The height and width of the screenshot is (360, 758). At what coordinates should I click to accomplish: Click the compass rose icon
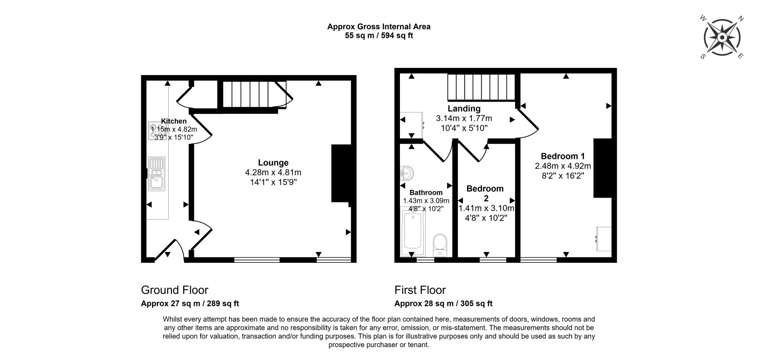click(722, 37)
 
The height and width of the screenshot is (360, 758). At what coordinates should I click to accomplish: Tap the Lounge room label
click(273, 163)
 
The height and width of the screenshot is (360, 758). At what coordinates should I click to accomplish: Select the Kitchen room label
click(174, 121)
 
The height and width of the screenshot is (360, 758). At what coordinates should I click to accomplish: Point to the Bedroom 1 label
click(563, 156)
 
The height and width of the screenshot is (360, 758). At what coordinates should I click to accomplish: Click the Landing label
click(464, 109)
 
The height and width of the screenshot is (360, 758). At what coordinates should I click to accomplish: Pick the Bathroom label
click(426, 193)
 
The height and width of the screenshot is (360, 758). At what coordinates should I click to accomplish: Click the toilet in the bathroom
click(440, 245)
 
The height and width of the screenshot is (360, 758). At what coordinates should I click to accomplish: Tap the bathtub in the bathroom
click(413, 231)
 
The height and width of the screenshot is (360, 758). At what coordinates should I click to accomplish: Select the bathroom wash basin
click(407, 173)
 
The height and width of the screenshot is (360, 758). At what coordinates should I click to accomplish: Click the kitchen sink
click(157, 174)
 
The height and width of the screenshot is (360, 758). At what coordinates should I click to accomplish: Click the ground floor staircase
click(251, 94)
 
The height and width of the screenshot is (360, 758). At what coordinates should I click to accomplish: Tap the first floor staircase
click(481, 87)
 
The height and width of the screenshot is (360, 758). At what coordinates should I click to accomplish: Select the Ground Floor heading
click(175, 290)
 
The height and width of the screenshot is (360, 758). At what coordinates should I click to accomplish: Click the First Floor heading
click(420, 290)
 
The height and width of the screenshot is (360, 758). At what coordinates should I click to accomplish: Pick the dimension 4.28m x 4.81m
click(273, 172)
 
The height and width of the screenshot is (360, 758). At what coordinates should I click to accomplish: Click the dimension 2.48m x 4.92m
click(563, 166)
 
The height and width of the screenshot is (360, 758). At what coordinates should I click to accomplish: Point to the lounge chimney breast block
click(341, 174)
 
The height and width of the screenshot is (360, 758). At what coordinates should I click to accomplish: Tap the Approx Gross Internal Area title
click(379, 27)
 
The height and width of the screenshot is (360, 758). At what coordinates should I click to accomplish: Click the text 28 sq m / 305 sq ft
click(458, 303)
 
